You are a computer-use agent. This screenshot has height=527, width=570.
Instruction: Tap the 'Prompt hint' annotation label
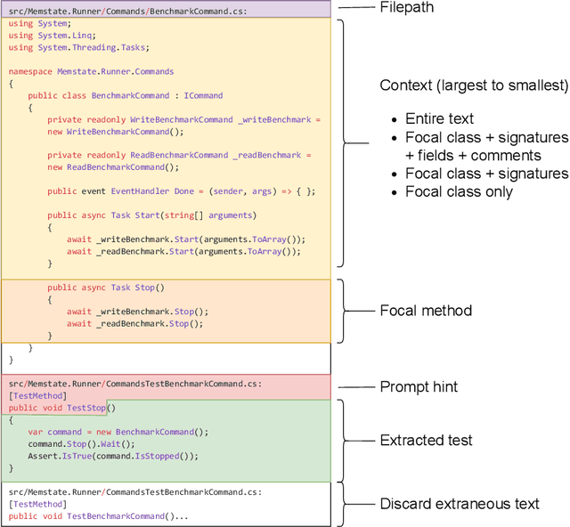click(x=419, y=386)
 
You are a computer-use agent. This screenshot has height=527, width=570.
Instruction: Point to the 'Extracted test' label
click(x=427, y=440)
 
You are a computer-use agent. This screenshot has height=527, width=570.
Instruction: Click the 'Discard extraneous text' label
click(x=460, y=504)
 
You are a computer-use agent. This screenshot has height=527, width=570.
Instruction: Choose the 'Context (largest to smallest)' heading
click(x=473, y=85)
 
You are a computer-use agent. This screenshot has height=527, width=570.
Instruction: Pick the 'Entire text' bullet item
click(x=439, y=119)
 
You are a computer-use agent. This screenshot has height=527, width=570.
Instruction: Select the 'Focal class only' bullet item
click(x=459, y=191)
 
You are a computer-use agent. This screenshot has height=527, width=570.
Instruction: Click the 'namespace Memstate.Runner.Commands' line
click(x=91, y=71)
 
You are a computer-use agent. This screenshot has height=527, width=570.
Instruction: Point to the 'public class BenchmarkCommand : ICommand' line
click(x=125, y=95)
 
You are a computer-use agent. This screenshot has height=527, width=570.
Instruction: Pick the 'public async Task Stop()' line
click(x=106, y=288)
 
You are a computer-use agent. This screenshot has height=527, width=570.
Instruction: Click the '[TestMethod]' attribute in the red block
click(x=37, y=395)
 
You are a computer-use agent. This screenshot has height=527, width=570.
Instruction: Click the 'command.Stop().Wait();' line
click(x=80, y=443)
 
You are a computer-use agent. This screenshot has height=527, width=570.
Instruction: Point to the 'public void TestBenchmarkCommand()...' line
click(x=99, y=515)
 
